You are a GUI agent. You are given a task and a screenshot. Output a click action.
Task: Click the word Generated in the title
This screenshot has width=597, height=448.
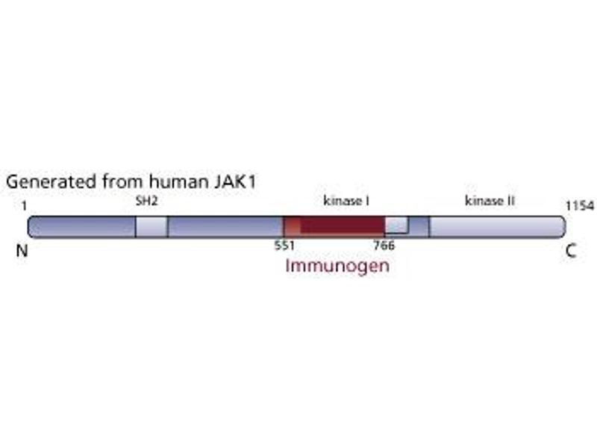click(x=51, y=181)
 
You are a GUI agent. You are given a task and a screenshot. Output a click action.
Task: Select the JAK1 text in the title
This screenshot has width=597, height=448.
click(x=235, y=181)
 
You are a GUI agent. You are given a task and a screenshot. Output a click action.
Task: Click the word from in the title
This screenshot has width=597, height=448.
click(x=122, y=181)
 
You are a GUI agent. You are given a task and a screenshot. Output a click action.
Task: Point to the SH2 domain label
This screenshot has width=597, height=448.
click(x=146, y=201)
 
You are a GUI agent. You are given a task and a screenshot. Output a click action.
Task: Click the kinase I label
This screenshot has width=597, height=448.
click(x=346, y=201)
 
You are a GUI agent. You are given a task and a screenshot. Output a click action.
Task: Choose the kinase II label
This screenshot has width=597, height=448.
click(x=490, y=201)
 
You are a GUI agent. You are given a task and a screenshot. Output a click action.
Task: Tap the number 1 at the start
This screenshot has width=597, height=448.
click(x=24, y=206)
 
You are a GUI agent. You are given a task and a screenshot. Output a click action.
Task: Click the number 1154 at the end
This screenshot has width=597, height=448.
click(x=580, y=206)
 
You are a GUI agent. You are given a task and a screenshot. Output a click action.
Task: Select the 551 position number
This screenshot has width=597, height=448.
click(x=285, y=246)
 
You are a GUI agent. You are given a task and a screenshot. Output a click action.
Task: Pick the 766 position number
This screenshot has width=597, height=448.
click(x=384, y=246)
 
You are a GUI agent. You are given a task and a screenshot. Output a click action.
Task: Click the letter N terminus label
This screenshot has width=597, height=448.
click(x=22, y=251)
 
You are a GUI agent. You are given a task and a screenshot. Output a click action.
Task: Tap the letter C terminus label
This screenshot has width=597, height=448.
click(x=571, y=251)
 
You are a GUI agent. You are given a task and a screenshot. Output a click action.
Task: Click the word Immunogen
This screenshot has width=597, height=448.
click(x=337, y=267)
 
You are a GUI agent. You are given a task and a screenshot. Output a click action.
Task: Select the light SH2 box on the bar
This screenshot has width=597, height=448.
click(x=151, y=227)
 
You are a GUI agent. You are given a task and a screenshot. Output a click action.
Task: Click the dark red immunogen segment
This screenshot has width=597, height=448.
click(x=343, y=227)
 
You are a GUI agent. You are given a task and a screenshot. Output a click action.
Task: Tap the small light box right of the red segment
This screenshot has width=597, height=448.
click(x=397, y=225)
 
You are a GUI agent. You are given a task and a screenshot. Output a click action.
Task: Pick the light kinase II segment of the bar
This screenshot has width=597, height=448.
click(x=497, y=227)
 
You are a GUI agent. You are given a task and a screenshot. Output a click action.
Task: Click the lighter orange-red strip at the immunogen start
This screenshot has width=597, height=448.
click(x=292, y=227)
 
